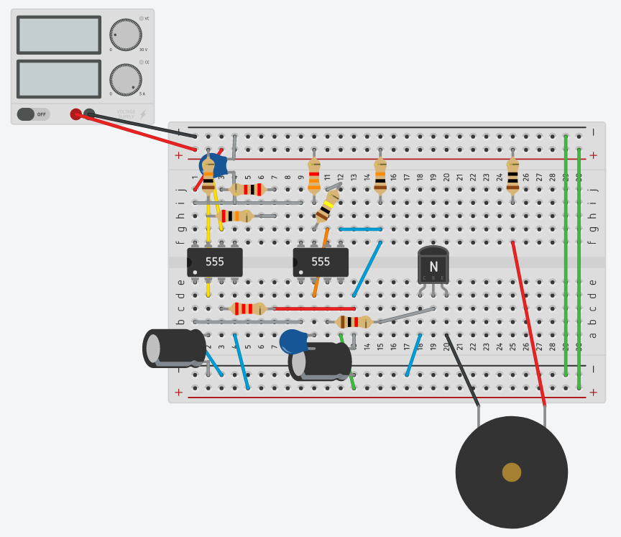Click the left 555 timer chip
(x=214, y=262)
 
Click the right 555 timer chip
(x=321, y=262)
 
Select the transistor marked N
(x=433, y=266)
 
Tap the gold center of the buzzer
(x=511, y=472)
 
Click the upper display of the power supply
(x=59, y=35)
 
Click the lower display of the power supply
(x=59, y=78)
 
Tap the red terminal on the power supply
(x=75, y=114)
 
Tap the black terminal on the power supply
(x=89, y=113)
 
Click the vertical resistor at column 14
(x=380, y=177)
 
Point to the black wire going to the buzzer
(x=462, y=371)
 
